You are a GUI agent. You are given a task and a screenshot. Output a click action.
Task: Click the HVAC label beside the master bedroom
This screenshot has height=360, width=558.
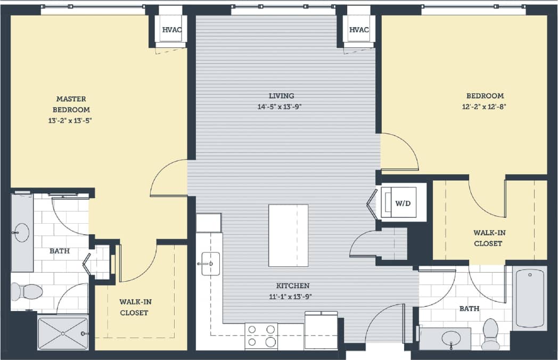point(171,30)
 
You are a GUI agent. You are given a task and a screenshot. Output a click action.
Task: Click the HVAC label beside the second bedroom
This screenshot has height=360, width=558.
point(359,30)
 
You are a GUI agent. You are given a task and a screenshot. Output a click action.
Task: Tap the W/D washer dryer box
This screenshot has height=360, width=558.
point(403,202)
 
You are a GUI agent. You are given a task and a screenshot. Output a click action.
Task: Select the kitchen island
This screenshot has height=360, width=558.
point(288,235)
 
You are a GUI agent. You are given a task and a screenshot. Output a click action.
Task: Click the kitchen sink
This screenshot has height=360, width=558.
point(210,263)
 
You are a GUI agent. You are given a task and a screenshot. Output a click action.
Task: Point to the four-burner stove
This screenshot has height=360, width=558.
point(261,336)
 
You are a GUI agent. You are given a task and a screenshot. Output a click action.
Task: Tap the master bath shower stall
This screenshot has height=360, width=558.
point(62,333)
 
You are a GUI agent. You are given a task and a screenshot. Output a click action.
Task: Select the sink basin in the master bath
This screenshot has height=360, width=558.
point(22,233)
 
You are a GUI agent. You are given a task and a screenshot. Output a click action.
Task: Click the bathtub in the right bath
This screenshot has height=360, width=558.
point(529,298)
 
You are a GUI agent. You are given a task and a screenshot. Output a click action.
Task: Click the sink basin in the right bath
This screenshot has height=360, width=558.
point(452,338)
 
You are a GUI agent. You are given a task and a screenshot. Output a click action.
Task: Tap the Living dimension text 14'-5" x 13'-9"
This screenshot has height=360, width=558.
point(281,107)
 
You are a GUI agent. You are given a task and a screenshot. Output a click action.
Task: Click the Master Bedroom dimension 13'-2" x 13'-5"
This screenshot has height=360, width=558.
point(71,120)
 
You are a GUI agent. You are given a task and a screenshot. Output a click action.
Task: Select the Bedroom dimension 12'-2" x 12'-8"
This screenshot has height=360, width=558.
point(485,107)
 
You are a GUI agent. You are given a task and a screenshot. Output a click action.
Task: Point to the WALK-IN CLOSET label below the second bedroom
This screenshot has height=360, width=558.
point(488,238)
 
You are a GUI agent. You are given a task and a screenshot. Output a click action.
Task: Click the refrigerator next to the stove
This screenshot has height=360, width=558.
point(321,330)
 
